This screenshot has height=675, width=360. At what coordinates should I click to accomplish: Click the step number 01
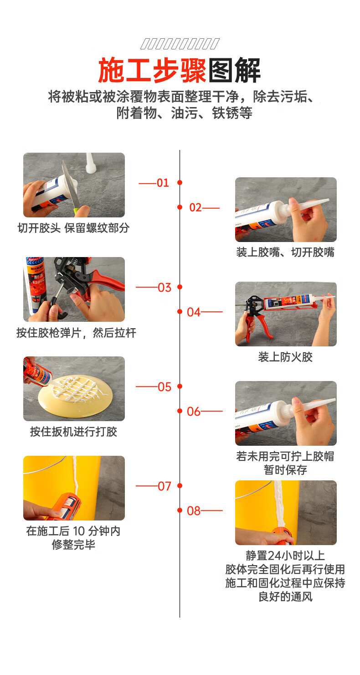coord(163,183)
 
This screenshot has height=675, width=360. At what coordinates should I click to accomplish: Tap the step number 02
coord(195,207)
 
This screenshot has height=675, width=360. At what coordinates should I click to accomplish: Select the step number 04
coord(194,312)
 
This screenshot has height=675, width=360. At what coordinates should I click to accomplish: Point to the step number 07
coord(164,486)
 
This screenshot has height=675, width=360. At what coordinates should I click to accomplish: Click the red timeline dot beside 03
coord(180,287)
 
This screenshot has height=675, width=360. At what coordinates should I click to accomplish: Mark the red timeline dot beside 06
coord(180,411)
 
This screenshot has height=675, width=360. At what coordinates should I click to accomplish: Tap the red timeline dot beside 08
coord(180,510)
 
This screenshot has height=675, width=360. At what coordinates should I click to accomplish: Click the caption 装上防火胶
coord(285,357)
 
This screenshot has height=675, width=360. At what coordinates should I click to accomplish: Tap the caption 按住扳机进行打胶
coord(73,432)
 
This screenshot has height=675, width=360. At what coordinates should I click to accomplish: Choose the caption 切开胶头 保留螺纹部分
coord(73,228)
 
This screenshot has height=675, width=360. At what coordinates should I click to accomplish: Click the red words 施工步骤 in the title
coord(152,70)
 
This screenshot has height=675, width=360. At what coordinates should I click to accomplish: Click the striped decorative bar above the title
coord(180,44)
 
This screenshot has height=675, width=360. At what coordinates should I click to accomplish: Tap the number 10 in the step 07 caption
coord(79,531)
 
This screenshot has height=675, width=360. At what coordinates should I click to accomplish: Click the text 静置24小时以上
coord(285,556)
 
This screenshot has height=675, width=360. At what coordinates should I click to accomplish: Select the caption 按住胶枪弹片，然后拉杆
coord(76,333)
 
